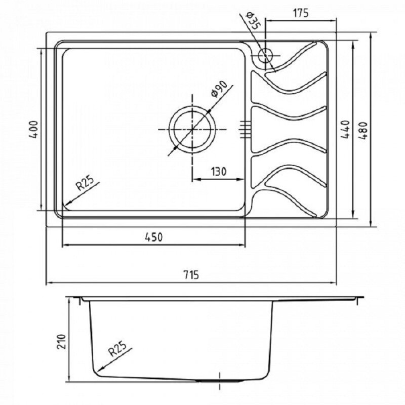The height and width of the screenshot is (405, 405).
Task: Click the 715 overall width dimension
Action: click(191, 275)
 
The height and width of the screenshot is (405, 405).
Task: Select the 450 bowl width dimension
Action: click(153, 237)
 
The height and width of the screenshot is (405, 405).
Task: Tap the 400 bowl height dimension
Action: click(34, 130)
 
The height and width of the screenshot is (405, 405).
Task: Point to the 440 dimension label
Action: click(345, 129)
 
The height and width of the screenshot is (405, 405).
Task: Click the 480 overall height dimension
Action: click(362, 131)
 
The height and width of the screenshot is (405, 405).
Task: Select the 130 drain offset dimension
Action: click(219, 172)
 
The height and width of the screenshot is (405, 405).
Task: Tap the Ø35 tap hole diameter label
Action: click(254, 21)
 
